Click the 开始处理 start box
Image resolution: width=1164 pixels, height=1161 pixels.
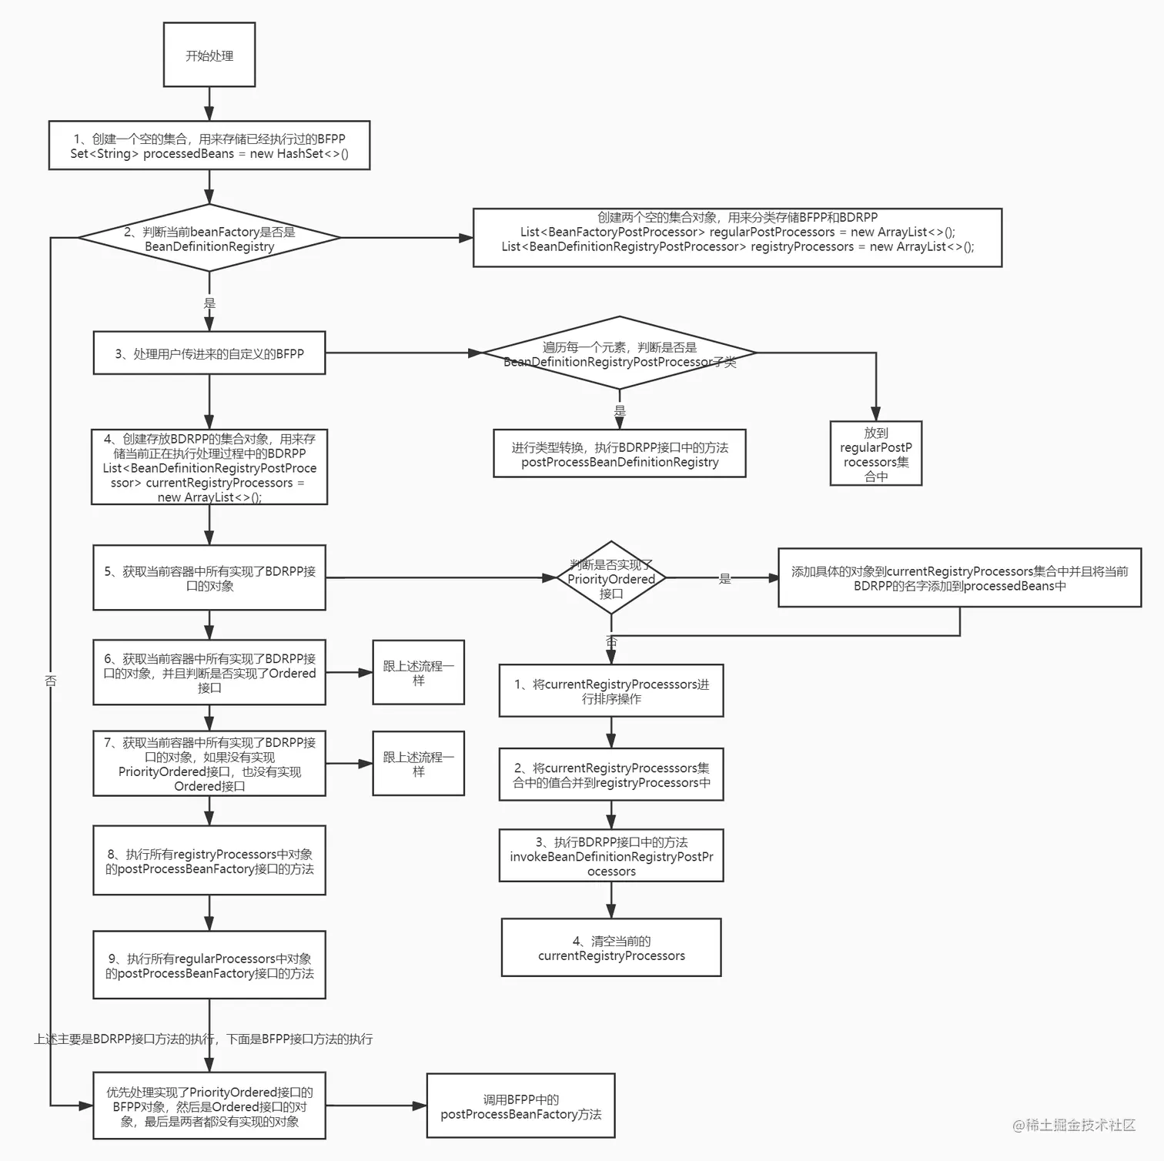coord(209,55)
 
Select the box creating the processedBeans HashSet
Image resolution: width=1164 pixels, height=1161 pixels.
coord(209,146)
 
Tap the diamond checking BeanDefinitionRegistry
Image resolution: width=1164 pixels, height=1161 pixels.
coord(209,239)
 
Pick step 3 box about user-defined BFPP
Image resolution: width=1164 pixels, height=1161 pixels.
coord(209,353)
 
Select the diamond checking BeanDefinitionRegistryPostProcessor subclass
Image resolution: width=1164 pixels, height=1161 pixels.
coord(619,353)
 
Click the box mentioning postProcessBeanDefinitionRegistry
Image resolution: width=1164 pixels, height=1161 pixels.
coord(619,454)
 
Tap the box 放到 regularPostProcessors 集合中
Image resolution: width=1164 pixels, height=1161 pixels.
coord(875,453)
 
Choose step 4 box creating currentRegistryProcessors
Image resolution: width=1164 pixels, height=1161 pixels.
coord(209,467)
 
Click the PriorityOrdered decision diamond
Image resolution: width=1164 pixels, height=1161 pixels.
coord(610,578)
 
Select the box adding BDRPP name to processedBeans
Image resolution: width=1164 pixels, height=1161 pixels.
coord(959,578)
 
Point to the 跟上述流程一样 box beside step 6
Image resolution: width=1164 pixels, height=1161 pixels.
coord(418,672)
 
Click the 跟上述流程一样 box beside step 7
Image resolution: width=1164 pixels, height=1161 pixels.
coord(418,764)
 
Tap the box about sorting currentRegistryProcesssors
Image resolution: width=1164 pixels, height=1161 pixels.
coord(610,691)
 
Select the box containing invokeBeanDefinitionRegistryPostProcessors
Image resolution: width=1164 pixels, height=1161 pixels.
coord(610,856)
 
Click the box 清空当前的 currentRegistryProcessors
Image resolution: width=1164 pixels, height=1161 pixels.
coord(610,948)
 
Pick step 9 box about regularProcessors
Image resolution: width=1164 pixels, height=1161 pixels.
coord(209,965)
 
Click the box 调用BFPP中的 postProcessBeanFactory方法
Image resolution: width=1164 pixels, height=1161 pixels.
coord(520,1106)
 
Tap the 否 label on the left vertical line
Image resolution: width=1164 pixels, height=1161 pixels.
coord(51,681)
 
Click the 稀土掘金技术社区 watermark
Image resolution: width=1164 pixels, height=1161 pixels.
coord(1074,1125)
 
